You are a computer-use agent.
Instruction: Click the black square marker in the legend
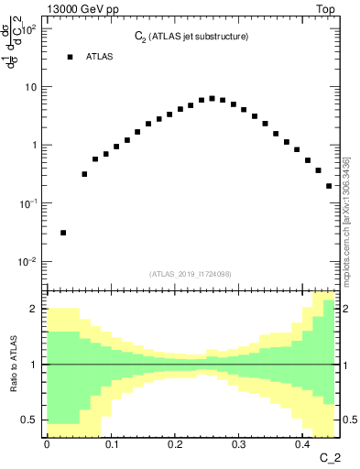(x=70, y=57)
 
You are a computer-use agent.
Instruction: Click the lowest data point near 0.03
(x=63, y=233)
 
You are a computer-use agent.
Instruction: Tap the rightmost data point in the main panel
(x=329, y=186)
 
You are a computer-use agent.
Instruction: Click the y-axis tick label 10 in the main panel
(x=32, y=87)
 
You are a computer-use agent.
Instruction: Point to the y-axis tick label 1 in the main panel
(x=36, y=146)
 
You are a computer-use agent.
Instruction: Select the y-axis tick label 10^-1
(x=29, y=202)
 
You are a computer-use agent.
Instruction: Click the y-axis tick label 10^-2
(x=29, y=261)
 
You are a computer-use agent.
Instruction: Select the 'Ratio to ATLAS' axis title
(x=13, y=364)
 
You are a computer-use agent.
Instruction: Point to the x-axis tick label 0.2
(x=175, y=444)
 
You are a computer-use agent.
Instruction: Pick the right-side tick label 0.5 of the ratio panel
(x=348, y=420)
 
